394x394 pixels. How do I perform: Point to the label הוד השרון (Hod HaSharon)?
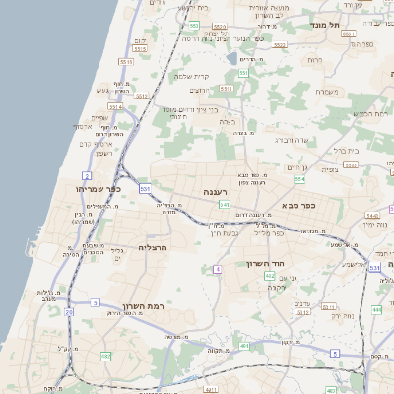(265, 264)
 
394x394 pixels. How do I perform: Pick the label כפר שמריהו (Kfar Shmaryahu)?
(97, 187)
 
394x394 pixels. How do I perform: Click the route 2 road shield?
(88, 175)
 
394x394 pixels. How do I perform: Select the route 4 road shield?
(216, 268)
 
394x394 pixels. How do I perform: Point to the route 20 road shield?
(69, 311)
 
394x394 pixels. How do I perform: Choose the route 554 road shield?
(298, 179)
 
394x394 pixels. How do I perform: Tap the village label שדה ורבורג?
(294, 140)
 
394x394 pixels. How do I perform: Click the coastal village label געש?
(102, 90)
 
